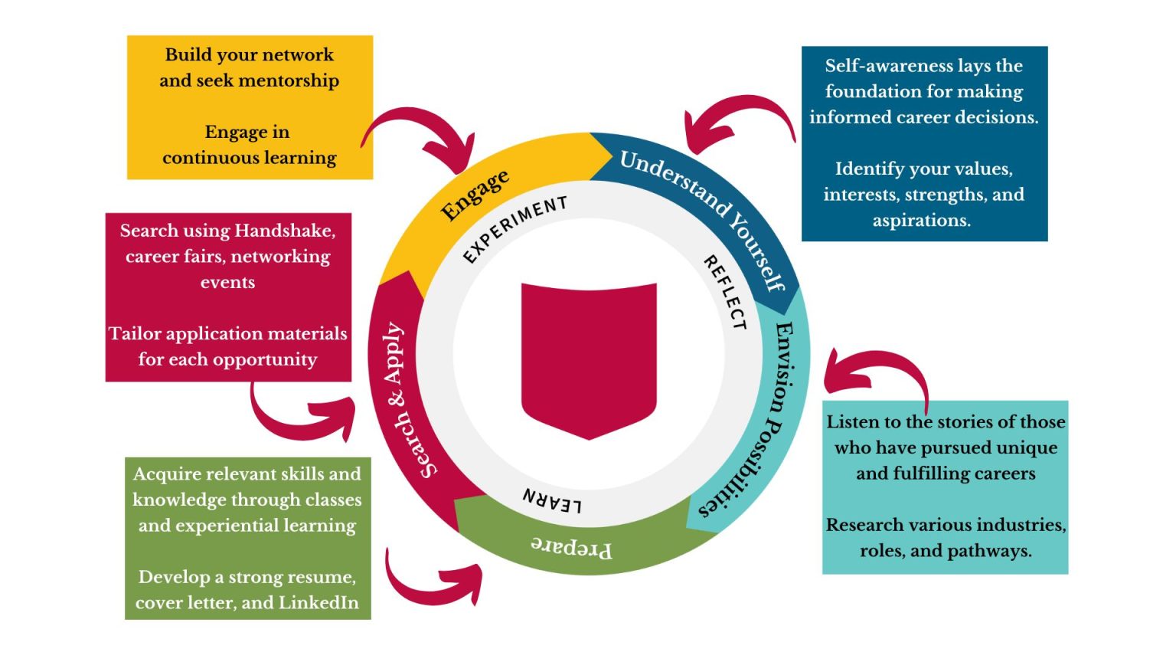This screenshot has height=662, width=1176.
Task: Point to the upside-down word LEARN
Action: [x=552, y=500]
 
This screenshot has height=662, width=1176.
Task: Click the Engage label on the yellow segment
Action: [x=475, y=195]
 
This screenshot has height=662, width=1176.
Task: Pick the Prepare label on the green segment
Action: [x=571, y=547]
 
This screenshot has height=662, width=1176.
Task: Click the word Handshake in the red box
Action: [x=285, y=231]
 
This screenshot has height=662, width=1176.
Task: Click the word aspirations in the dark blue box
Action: [x=921, y=221]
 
